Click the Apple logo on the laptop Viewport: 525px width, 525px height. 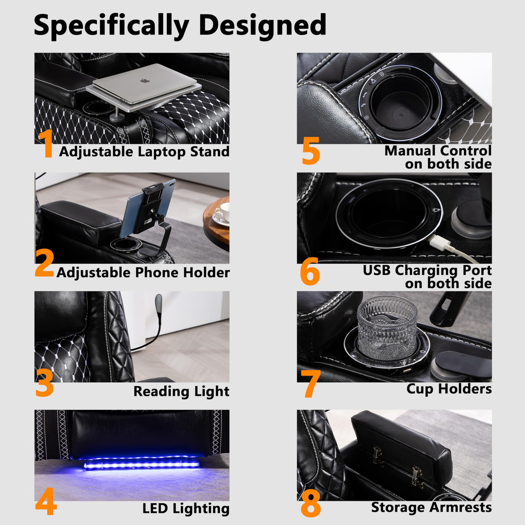(144, 80)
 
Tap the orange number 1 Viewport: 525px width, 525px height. (46, 144)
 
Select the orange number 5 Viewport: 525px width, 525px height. (311, 150)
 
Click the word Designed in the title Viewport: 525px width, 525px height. (262, 26)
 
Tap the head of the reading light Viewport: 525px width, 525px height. (158, 301)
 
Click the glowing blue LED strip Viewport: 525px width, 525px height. (141, 465)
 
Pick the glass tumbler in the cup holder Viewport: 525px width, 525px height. (387, 332)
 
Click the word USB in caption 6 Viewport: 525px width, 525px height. (377, 270)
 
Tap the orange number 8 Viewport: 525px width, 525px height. (311, 503)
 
